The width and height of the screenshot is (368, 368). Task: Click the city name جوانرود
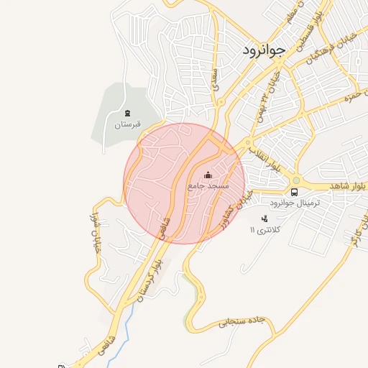coord(260,51)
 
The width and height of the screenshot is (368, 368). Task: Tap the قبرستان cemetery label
coord(128,124)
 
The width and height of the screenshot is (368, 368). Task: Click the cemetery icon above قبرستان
coord(128,113)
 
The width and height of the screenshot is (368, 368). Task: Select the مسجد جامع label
coord(208,185)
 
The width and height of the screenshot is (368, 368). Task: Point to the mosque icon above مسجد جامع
coord(208,175)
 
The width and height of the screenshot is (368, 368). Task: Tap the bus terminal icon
coord(294,192)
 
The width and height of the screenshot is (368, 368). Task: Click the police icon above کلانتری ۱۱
coord(264,218)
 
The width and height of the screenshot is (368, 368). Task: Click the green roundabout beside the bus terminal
coord(296,180)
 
